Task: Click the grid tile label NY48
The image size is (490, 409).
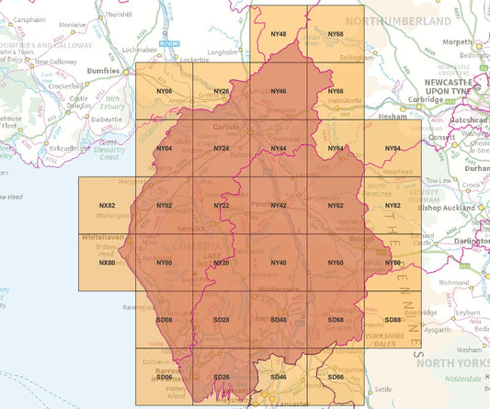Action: point(279,34)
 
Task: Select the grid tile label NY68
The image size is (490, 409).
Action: point(336,34)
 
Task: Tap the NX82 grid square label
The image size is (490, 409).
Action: point(107,206)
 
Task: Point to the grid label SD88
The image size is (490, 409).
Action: point(393,320)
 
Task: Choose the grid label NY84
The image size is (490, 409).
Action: point(393,148)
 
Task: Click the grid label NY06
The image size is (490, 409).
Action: point(165,91)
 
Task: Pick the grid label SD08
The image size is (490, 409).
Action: point(165,320)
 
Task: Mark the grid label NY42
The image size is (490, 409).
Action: point(279,206)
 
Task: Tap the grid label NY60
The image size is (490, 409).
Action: point(336,263)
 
